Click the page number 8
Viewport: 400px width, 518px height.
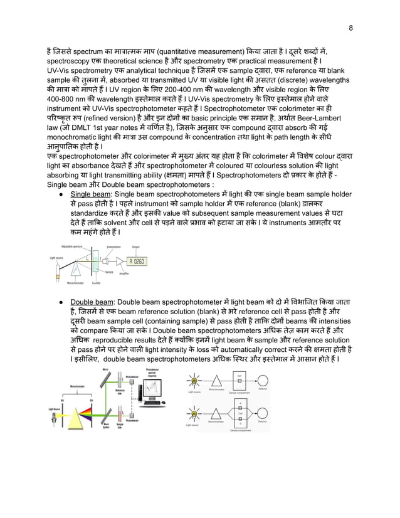coord(350,28)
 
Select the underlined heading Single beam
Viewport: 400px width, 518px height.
coord(89,195)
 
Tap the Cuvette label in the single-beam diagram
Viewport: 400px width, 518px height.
coord(96,283)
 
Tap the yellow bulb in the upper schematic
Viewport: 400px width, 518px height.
coord(194,381)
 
